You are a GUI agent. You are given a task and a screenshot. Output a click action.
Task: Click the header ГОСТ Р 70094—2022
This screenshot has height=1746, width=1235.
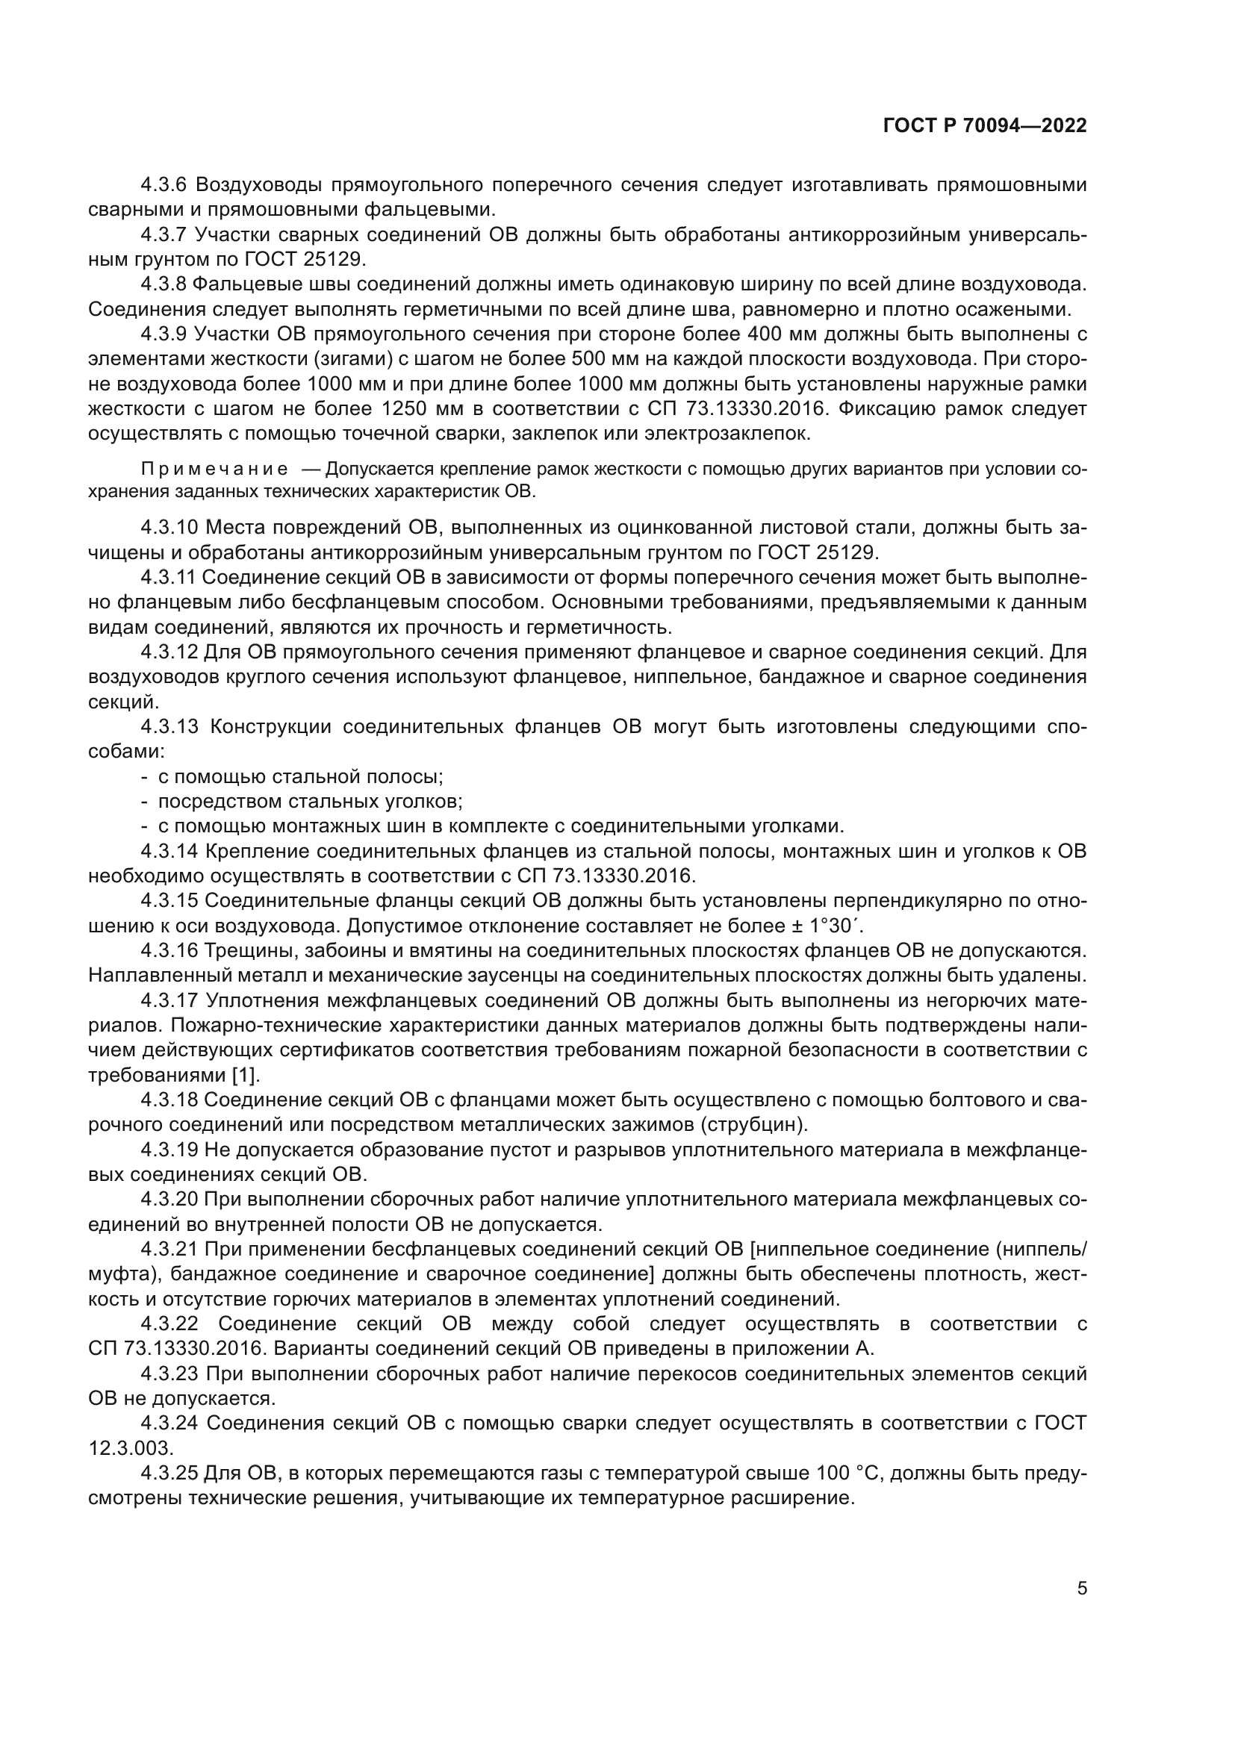coord(984,126)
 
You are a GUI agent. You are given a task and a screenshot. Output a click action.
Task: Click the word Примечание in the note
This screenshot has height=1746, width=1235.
coord(214,470)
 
